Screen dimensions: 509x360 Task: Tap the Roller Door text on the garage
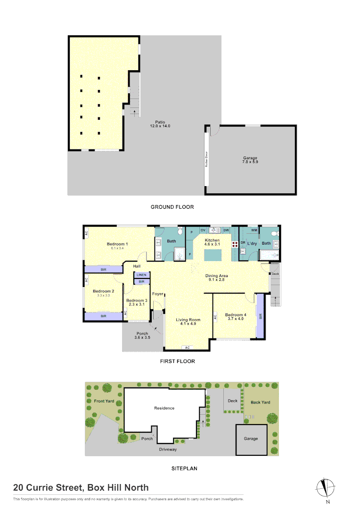pos(206,160)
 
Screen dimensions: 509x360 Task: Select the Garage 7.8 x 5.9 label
pos(250,160)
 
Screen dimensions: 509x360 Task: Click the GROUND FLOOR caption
pos(172,207)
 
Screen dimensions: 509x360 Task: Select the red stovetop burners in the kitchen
pos(234,245)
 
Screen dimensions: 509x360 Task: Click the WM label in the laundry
pos(254,230)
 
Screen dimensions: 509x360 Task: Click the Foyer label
pos(157,294)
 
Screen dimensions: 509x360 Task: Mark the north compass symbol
pos(326,488)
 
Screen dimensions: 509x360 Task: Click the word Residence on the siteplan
pos(164,408)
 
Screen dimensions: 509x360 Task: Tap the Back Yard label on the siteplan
pos(260,402)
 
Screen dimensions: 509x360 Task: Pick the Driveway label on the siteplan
pos(167,450)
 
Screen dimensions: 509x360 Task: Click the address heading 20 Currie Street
pos(81,488)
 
